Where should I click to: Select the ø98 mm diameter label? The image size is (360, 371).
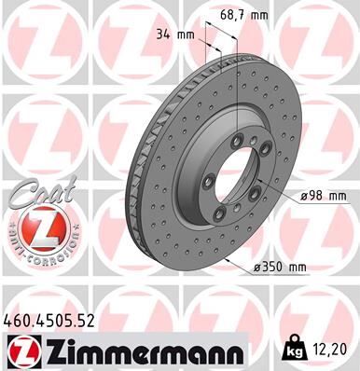pyautogui.click(x=324, y=196)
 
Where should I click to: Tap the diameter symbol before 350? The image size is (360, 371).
pyautogui.click(x=257, y=268)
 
